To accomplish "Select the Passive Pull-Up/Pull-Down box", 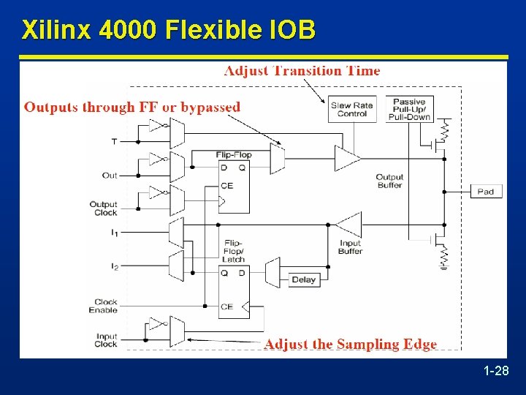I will (411, 109).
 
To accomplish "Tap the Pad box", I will (485, 192).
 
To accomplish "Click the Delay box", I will (303, 279).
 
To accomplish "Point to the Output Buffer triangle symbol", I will (347, 157).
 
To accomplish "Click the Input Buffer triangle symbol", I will (349, 225).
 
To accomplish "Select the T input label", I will (114, 141).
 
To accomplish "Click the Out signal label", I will (110, 175).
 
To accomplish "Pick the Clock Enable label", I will (106, 306).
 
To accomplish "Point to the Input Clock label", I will (106, 340).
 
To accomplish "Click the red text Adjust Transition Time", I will (302, 71).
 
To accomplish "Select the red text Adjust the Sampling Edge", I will (351, 344).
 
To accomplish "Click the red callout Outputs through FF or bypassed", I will (132, 107).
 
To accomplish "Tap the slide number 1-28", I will (496, 372).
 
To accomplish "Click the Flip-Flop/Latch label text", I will (234, 250).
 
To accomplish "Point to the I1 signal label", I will (113, 232).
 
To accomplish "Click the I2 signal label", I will (113, 266).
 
